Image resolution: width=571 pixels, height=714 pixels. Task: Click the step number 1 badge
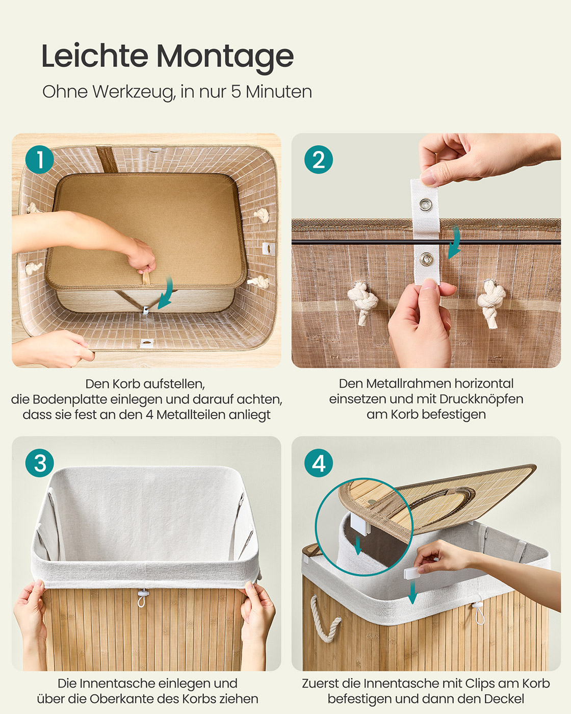pos(39,160)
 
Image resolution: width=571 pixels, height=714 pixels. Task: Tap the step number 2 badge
pos(319,160)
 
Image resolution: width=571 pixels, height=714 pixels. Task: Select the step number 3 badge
pos(39,463)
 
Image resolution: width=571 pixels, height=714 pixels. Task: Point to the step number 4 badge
pos(319,463)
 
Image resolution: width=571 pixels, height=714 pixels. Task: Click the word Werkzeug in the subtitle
pos(134,92)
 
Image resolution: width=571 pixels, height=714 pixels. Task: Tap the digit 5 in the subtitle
pos(236,92)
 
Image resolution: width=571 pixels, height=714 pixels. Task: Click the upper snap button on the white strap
pos(426,205)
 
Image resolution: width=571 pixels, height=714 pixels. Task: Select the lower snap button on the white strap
pos(426,259)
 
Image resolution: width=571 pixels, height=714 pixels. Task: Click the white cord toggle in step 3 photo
pos(142,597)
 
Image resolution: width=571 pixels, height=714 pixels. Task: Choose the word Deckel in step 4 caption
pos(504,699)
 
